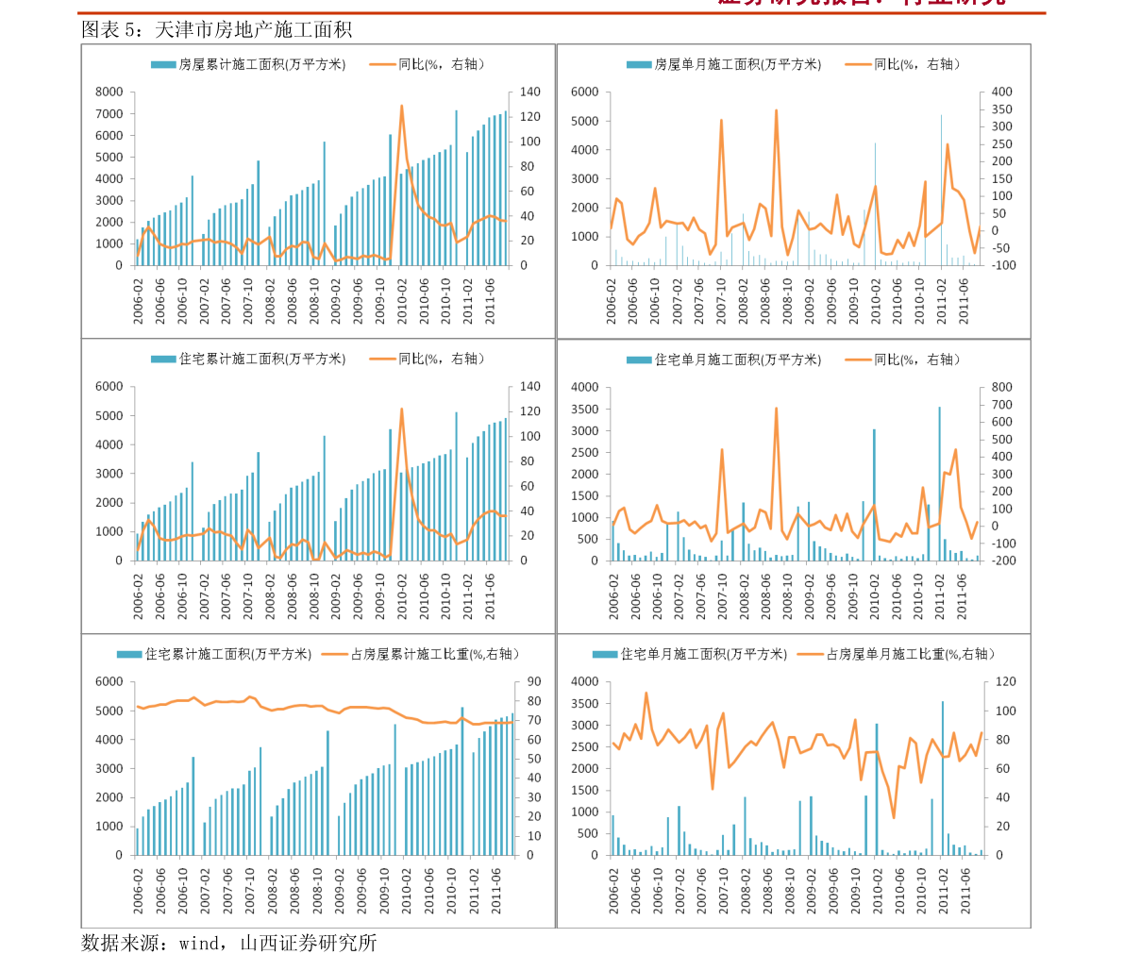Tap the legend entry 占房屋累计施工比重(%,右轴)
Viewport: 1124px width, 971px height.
(435, 654)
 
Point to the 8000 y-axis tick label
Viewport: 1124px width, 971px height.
(109, 92)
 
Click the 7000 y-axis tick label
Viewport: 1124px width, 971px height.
(109, 113)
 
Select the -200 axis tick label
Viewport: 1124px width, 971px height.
(1002, 561)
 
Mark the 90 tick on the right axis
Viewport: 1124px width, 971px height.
(532, 681)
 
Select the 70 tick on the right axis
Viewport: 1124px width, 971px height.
(532, 720)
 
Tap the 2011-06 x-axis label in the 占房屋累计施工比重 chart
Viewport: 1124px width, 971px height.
(492, 889)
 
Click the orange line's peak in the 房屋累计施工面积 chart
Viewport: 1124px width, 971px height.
(401, 106)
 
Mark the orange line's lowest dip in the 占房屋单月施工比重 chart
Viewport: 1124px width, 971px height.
(894, 817)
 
